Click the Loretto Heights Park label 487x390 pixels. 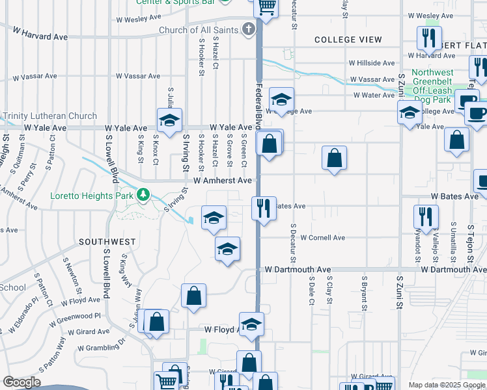click(93, 194)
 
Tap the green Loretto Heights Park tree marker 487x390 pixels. click(143, 194)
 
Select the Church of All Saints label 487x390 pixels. click(199, 30)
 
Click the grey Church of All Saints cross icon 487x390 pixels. click(248, 29)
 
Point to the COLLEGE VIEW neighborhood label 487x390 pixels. click(348, 40)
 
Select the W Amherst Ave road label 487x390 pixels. click(222, 180)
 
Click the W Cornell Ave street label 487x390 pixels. click(323, 238)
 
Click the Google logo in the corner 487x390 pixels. click(21, 382)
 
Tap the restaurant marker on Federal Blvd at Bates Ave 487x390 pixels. click(264, 209)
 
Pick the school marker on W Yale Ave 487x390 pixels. click(169, 120)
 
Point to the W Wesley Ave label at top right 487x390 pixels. click(430, 15)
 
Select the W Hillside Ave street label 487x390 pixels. click(372, 63)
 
